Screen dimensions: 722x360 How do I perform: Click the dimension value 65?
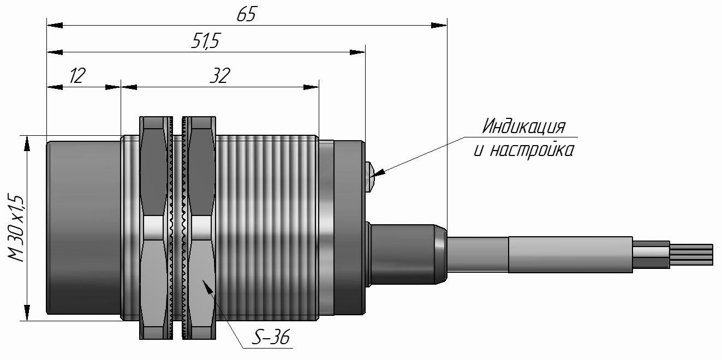[x=247, y=15]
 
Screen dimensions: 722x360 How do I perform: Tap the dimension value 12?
[x=77, y=76]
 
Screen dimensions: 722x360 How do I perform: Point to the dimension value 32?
[x=220, y=76]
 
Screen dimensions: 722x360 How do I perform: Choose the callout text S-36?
[x=271, y=337]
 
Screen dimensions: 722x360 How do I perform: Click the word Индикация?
[x=524, y=127]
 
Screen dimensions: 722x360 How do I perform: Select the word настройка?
[x=532, y=150]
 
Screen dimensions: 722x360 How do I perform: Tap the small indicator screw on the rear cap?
[x=369, y=177]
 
